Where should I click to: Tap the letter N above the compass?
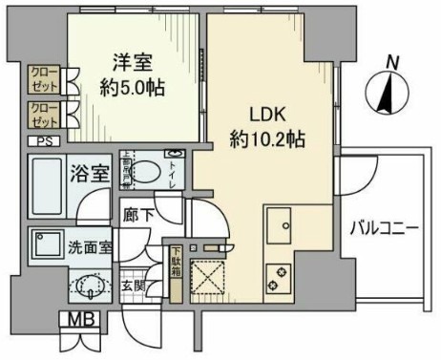[x=390, y=62]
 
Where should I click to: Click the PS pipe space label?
[x=41, y=141]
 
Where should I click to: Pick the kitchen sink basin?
[x=283, y=225]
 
